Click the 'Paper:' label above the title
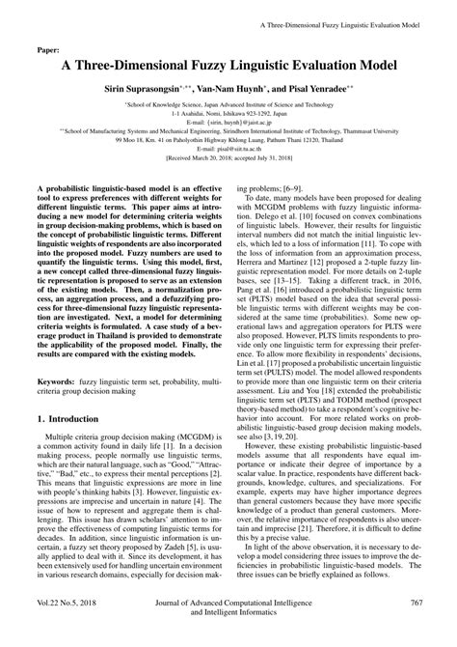pos(47,44)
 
